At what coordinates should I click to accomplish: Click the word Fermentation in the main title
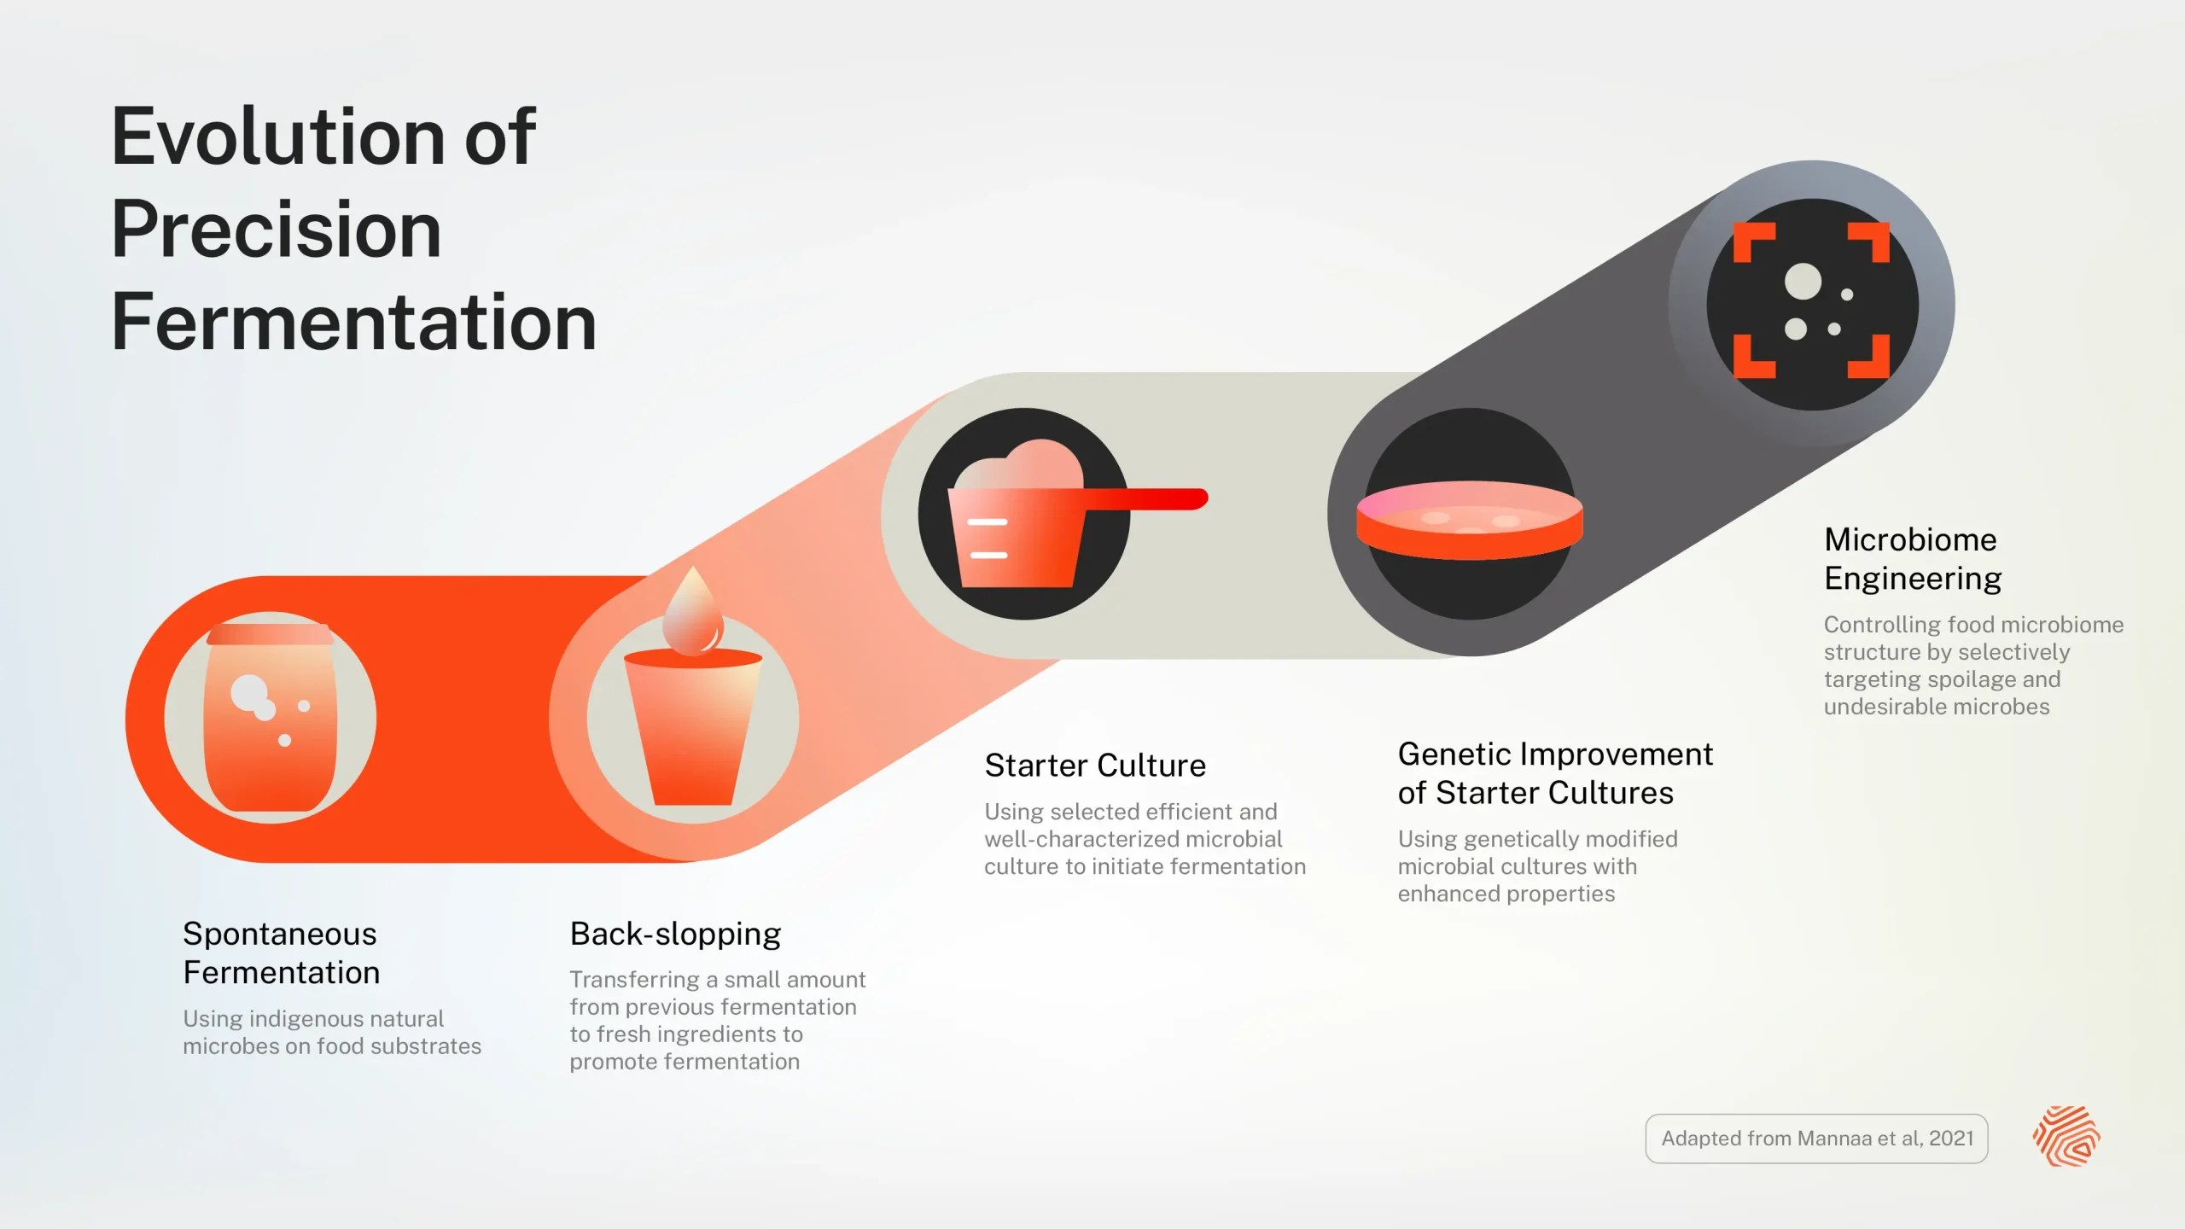(x=353, y=323)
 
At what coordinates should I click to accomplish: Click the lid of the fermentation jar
(x=270, y=634)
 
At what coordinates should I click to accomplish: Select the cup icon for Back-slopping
(x=692, y=730)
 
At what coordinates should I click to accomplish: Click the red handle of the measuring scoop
(x=1148, y=498)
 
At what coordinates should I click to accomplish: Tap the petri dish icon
(x=1470, y=520)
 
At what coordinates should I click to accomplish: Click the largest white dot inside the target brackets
(x=1803, y=282)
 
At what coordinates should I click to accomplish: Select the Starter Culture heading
(x=1095, y=766)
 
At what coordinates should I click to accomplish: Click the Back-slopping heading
(x=675, y=934)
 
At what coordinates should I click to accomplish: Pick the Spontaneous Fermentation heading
(x=281, y=952)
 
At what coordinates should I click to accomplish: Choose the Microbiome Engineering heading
(x=1912, y=559)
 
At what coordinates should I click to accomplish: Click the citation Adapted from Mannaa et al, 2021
(x=1816, y=1138)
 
